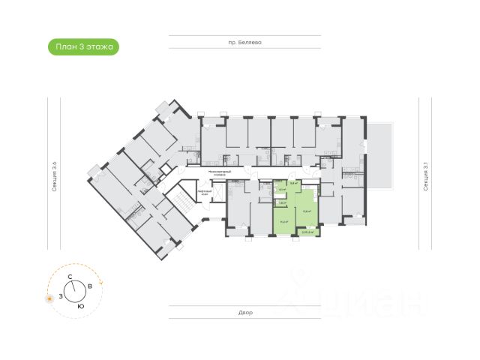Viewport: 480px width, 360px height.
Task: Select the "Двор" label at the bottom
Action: [247, 312]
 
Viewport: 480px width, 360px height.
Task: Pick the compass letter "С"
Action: [70, 277]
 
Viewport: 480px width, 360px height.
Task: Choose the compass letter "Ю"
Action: [80, 307]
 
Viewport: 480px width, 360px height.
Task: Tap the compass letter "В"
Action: [90, 286]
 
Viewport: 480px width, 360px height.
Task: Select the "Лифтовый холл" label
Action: [205, 193]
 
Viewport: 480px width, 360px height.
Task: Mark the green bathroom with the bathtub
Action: [281, 190]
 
